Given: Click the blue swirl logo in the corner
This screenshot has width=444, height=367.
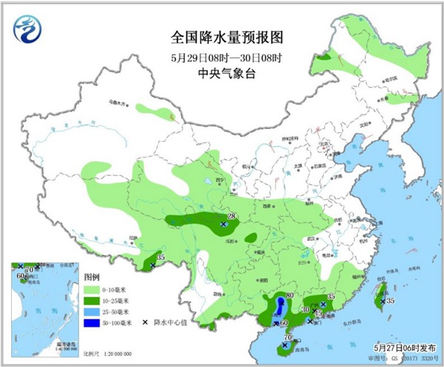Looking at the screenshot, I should point(29,29).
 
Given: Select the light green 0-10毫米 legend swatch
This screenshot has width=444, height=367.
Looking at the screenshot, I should point(92,289).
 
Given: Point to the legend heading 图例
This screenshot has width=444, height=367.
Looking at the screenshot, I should point(91,277).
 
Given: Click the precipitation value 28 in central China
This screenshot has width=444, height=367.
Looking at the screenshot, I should point(231,216).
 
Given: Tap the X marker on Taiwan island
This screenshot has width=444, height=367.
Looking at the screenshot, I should point(382,300).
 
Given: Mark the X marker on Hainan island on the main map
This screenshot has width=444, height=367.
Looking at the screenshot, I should point(284,345).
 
